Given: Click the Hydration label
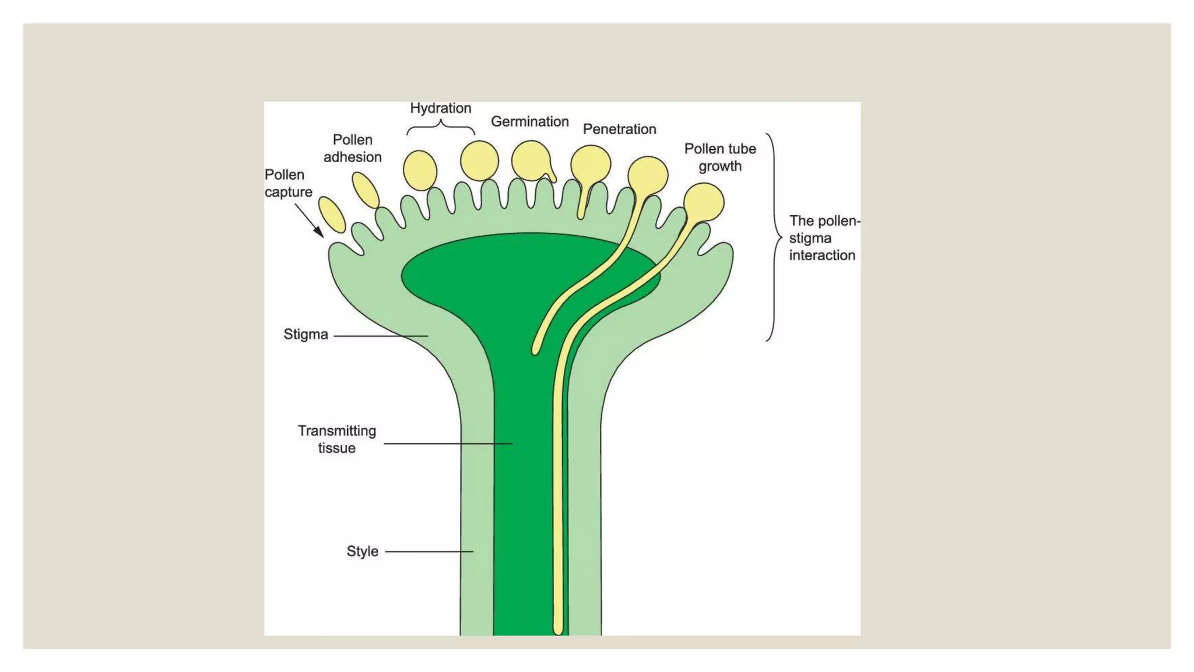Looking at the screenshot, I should click(x=440, y=108).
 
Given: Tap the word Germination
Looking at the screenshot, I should click(x=529, y=122).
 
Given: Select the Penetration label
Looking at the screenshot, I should click(x=619, y=129).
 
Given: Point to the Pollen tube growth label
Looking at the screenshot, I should click(x=720, y=157).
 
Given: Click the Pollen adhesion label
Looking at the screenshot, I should click(x=352, y=148).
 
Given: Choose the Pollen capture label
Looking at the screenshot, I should click(x=288, y=183).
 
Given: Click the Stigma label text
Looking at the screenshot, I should click(x=305, y=335).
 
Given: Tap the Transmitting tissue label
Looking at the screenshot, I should click(x=336, y=439).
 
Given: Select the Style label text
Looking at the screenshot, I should click(x=362, y=551).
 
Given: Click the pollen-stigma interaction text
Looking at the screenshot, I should click(x=823, y=238).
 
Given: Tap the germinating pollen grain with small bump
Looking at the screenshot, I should click(x=531, y=161).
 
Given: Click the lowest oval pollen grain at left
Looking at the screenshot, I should click(x=332, y=215).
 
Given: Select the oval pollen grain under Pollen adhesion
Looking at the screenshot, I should click(x=366, y=190).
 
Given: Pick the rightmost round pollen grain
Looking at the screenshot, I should click(x=704, y=202).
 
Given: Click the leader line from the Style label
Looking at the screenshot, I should click(x=429, y=551).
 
